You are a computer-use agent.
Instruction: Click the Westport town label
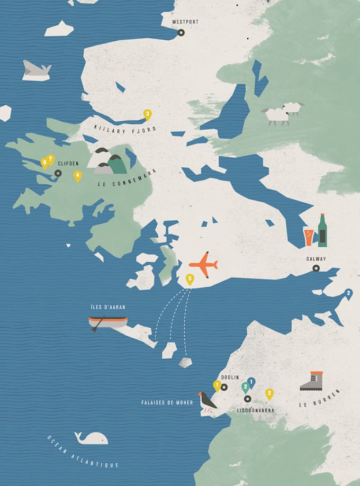tap(185, 22)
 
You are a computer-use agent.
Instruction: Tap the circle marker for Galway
tap(316, 268)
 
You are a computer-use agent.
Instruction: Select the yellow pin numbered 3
tap(148, 113)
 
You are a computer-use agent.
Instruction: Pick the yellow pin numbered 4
tap(78, 175)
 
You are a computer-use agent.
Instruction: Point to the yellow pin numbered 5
tap(190, 278)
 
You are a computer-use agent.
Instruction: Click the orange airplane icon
tap(203, 264)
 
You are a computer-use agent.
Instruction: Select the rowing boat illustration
tap(107, 322)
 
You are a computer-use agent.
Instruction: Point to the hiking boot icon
tap(312, 381)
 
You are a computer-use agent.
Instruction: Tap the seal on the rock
tap(37, 69)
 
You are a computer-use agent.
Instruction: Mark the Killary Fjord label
tap(125, 128)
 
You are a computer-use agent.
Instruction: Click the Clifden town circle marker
tap(58, 173)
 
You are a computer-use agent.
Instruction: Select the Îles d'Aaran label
tap(108, 307)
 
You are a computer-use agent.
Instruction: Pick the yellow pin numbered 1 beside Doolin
tap(217, 386)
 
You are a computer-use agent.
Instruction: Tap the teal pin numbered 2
tap(246, 388)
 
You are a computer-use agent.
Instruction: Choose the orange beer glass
tap(309, 237)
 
